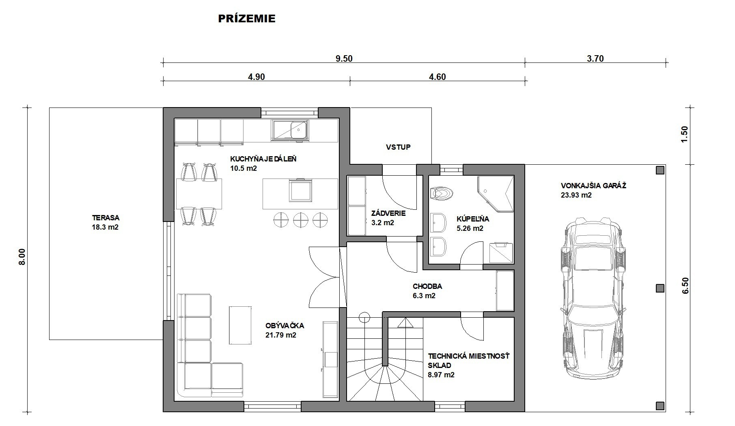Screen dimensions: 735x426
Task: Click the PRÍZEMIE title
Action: (247, 19)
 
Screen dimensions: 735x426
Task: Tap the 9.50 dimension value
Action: (344, 58)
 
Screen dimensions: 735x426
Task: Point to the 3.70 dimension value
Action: (595, 58)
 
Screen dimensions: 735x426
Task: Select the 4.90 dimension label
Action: (256, 77)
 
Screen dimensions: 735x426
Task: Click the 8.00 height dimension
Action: (22, 256)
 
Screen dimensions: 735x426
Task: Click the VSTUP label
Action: (398, 147)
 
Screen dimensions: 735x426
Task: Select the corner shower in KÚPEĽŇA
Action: (496, 194)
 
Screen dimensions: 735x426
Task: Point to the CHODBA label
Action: (427, 286)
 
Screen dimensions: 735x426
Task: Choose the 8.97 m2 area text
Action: (441, 375)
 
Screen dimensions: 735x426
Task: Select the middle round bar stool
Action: (301, 220)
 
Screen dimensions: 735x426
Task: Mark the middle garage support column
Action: (660, 288)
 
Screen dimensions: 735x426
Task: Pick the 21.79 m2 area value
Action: (281, 335)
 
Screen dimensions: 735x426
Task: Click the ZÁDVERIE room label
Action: (388, 213)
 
